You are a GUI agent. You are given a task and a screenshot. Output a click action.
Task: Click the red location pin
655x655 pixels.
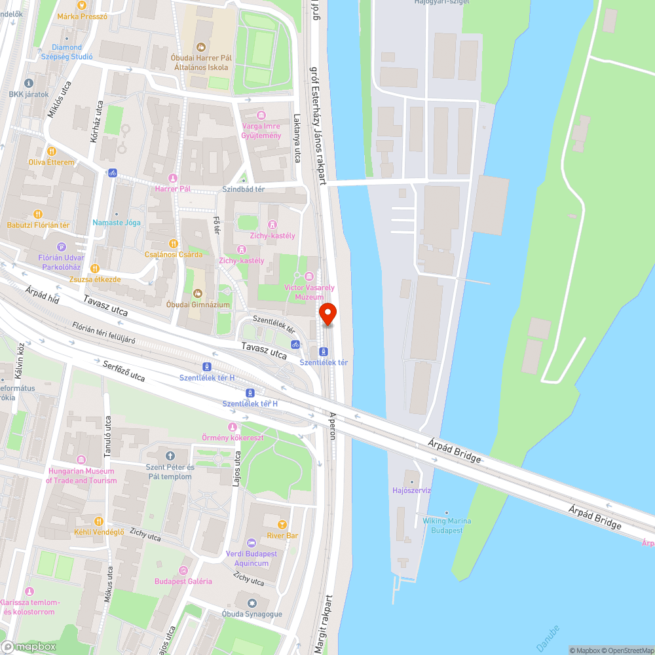point(327,314)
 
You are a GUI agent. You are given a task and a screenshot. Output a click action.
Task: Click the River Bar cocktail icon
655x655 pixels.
point(282,524)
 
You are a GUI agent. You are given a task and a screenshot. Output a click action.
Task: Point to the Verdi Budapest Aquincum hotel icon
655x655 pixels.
point(252,543)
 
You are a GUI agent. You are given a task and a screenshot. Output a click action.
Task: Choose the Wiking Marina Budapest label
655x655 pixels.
point(447,525)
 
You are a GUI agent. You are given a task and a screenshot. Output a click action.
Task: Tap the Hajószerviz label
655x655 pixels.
point(411,490)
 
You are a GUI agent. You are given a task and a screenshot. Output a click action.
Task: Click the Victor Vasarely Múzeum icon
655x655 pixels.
point(309,276)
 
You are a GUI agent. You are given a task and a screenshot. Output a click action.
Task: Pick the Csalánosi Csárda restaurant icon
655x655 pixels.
point(174,243)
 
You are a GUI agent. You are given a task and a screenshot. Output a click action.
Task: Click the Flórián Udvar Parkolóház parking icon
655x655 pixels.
point(62,247)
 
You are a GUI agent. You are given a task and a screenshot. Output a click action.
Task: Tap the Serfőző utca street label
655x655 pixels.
point(124,371)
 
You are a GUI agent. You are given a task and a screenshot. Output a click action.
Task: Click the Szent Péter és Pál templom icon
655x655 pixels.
point(171,456)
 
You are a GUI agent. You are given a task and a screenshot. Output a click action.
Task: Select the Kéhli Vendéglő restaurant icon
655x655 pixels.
point(99,521)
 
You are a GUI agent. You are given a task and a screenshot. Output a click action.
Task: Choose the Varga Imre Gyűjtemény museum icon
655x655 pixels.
point(261,115)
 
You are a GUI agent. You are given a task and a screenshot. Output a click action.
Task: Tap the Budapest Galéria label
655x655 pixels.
point(183,581)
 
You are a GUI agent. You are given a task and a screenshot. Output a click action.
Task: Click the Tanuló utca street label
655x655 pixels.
point(109,438)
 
